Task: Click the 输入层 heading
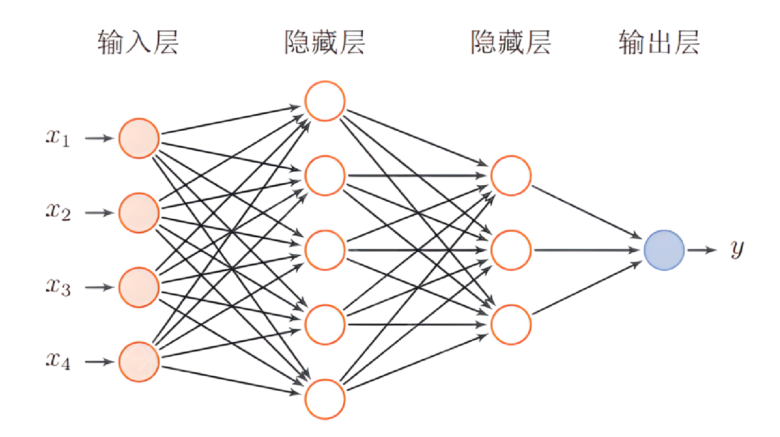[138, 42]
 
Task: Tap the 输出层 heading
[659, 42]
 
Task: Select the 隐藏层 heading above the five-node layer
[325, 42]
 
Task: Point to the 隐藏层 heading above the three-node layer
[511, 42]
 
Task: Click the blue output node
[664, 250]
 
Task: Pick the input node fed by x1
[139, 138]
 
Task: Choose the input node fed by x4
[139, 362]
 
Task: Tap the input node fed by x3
[139, 287]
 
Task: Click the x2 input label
[58, 212]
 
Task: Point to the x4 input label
[58, 361]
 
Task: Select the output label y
[737, 249]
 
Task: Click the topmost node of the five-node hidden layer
[325, 101]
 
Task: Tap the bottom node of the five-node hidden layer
[325, 399]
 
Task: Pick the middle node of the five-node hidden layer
[325, 250]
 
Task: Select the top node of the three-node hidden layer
[511, 176]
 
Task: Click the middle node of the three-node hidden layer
[511, 250]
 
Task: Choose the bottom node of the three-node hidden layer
[511, 325]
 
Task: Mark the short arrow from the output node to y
[702, 250]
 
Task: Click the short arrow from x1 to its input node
[99, 138]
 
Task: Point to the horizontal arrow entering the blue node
[587, 250]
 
